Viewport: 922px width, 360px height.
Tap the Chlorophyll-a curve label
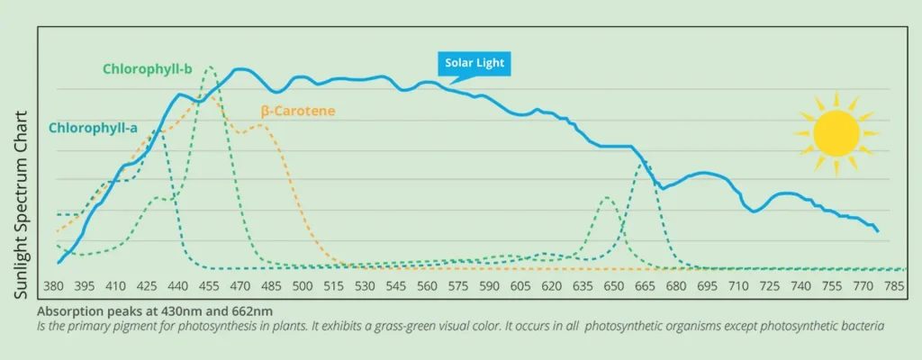[93, 129]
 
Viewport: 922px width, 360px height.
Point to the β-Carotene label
[298, 112]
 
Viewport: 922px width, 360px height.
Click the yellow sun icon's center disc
[835, 132]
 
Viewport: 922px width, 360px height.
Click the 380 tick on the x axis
[55, 286]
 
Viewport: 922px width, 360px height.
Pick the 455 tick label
[209, 286]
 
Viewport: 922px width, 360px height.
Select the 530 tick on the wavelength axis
[365, 286]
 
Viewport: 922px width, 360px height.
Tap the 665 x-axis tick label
[645, 286]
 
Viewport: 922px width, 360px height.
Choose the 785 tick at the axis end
[893, 286]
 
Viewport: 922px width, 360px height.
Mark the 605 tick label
[520, 286]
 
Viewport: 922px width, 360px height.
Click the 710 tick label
[737, 286]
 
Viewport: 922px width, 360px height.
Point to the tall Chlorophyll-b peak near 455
[209, 67]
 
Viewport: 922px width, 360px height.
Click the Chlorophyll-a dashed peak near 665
[642, 163]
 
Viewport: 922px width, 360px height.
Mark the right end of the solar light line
[877, 231]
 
